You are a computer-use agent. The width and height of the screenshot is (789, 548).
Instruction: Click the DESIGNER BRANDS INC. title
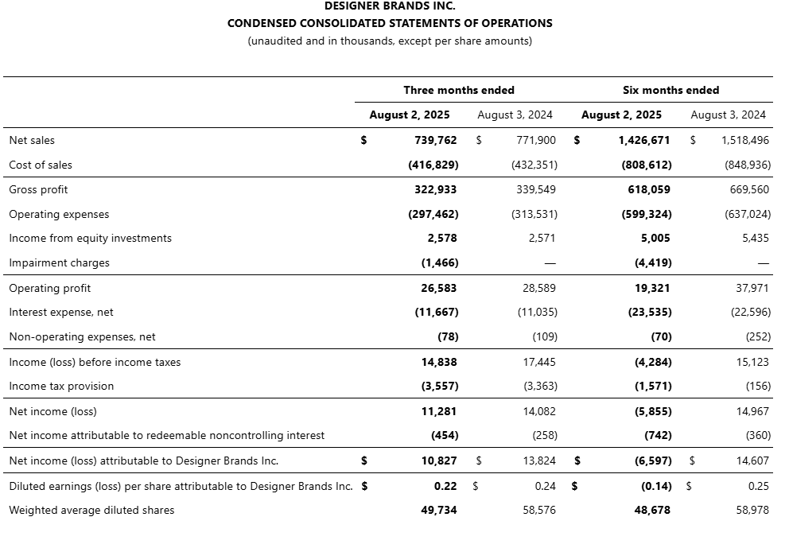click(390, 6)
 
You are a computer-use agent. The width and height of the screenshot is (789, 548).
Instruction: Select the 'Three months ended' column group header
click(459, 90)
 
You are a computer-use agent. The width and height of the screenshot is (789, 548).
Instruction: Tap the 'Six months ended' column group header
click(670, 90)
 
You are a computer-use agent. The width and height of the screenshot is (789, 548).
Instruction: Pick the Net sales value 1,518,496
click(745, 140)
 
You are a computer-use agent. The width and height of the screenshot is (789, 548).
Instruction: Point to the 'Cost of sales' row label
click(41, 165)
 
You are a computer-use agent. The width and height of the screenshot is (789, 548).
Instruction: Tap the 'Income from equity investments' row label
click(90, 238)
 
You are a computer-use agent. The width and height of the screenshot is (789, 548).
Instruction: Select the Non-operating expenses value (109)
click(545, 336)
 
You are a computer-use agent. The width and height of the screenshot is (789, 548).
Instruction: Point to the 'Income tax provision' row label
click(61, 386)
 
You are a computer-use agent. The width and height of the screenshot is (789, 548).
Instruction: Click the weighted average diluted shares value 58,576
click(540, 510)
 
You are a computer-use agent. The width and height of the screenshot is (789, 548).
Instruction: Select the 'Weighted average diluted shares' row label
click(91, 510)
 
